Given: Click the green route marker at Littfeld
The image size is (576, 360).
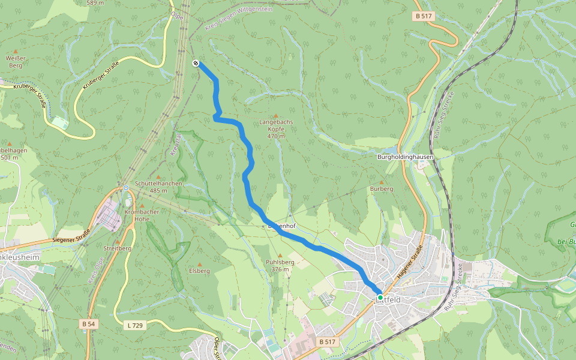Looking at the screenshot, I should (x=380, y=297).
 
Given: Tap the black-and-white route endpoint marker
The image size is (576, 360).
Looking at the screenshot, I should (x=196, y=63).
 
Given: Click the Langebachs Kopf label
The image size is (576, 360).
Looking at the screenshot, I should (x=275, y=125).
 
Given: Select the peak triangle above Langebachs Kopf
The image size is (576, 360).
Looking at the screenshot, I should (x=276, y=116).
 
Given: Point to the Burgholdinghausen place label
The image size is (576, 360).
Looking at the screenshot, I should (x=405, y=157).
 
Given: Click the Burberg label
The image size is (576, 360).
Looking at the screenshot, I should (x=381, y=188).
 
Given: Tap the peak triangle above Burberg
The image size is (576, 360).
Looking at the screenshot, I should (x=381, y=181).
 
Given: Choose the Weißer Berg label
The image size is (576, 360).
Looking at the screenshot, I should (x=14, y=61).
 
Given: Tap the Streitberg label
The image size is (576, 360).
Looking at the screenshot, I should (x=117, y=248).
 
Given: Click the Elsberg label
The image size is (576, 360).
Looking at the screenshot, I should (x=199, y=271).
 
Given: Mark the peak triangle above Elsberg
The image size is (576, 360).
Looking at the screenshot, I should (x=199, y=263).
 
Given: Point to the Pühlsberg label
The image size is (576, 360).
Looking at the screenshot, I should (x=280, y=262).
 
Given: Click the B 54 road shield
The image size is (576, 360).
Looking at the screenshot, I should (x=88, y=324).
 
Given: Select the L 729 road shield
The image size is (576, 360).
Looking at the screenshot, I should (x=135, y=325).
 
